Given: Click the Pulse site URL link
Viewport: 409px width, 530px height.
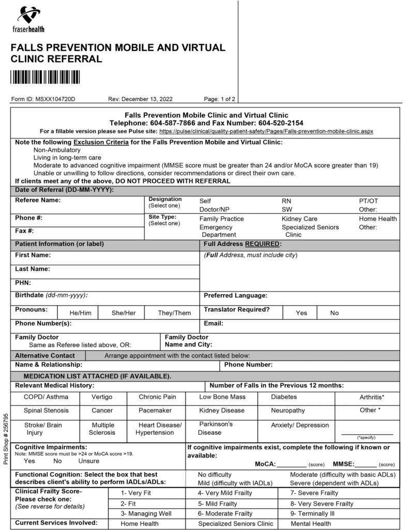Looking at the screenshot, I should [x=266, y=131].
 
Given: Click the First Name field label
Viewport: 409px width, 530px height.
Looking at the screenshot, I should [x=33, y=255].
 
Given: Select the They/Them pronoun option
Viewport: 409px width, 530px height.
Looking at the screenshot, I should [x=174, y=313].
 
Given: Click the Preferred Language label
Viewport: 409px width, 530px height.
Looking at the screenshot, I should [x=235, y=296].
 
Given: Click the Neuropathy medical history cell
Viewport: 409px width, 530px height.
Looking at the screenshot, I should [x=287, y=410].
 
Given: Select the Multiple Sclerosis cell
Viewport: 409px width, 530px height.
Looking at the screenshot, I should [x=102, y=429].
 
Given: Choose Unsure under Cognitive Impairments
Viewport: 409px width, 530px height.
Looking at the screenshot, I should [x=88, y=461].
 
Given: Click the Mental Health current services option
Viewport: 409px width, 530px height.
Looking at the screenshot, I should [x=310, y=524].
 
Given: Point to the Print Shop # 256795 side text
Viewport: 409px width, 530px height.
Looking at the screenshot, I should [x=6, y=438].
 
